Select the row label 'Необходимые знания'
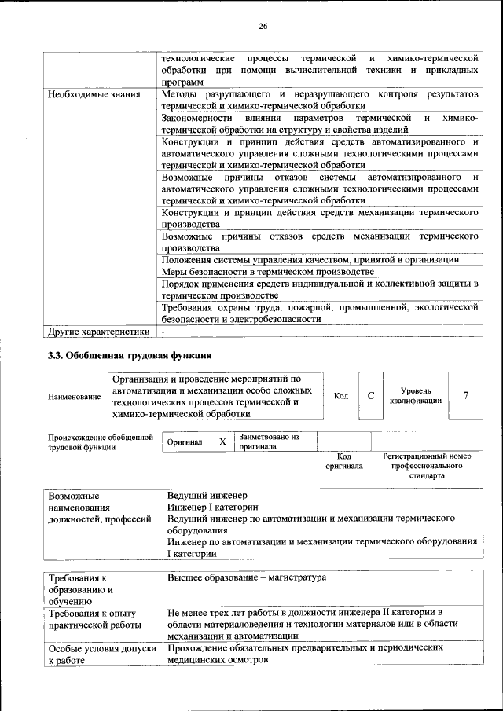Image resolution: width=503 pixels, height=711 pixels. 95,94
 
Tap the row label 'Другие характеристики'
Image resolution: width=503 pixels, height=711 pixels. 98,331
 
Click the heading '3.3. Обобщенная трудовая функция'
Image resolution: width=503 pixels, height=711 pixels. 130,355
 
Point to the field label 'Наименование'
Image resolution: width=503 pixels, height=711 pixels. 74,397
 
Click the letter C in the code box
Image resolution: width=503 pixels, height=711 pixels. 371,395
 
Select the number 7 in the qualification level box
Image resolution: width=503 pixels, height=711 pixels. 466,395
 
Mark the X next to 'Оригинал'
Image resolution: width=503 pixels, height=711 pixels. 222,442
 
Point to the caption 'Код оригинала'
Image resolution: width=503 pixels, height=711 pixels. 343,461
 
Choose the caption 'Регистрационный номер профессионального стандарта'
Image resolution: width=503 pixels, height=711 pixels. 426,466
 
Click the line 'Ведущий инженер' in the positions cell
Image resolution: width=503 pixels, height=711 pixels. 207,497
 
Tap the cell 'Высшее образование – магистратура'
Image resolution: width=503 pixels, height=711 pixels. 246,577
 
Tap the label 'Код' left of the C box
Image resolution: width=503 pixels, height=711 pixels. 341,395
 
